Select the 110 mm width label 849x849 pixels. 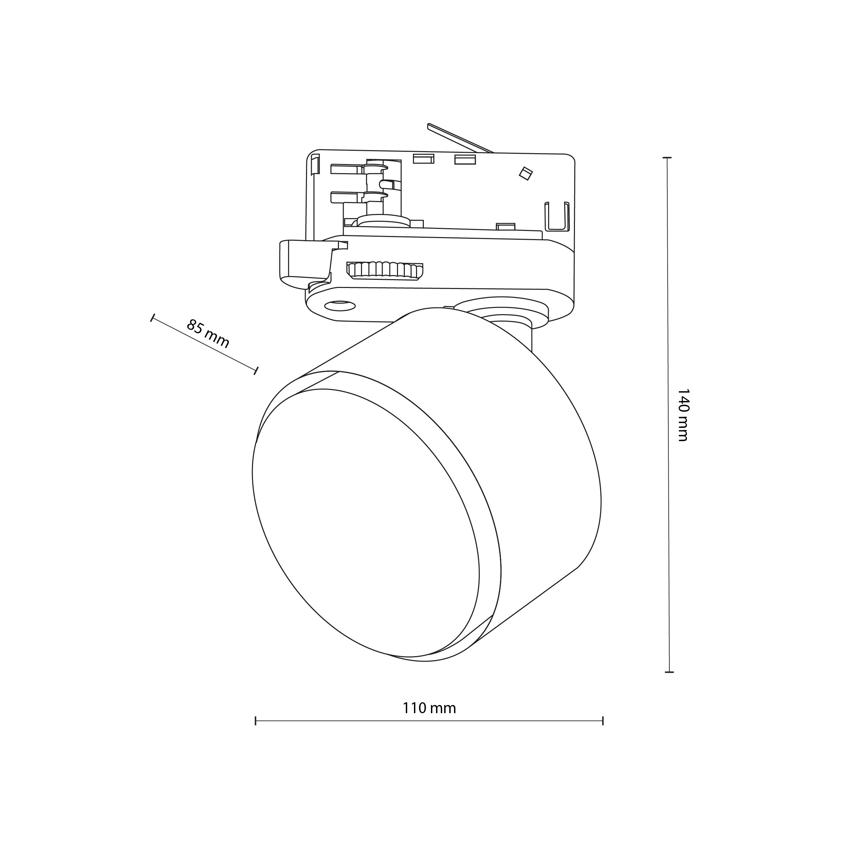coord(429,708)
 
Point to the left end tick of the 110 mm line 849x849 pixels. coord(255,721)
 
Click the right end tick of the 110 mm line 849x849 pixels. coord(603,721)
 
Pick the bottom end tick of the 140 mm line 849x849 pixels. coord(669,672)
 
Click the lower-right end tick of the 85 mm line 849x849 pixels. coord(255,371)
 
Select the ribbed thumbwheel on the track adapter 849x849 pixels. coord(384,270)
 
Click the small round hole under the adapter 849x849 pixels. coord(340,305)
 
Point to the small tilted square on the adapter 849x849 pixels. coord(525,173)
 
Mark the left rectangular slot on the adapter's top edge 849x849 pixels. coord(423,159)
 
